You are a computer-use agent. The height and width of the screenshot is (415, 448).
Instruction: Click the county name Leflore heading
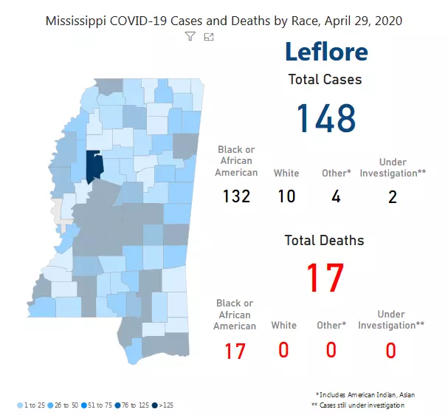click(x=325, y=52)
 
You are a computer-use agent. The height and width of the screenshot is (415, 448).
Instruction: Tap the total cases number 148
click(x=325, y=118)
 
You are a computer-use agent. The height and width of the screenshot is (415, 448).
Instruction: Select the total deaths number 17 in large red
click(x=325, y=277)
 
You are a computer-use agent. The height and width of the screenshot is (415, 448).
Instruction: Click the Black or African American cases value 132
click(x=236, y=196)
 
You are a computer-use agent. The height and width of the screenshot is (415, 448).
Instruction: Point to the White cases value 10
click(x=286, y=196)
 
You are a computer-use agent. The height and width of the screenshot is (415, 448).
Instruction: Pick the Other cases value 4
click(x=335, y=196)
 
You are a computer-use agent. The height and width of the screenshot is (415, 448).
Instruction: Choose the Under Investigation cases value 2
click(x=392, y=196)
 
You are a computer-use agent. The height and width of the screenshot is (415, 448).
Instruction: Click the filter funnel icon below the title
click(x=190, y=36)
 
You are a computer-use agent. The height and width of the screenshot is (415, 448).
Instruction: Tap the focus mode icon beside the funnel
click(x=209, y=36)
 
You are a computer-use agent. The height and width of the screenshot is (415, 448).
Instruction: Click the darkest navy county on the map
click(x=94, y=167)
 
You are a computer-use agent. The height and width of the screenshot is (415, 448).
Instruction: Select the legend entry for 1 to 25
click(x=32, y=405)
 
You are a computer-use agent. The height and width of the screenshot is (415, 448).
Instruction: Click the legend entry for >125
click(x=165, y=405)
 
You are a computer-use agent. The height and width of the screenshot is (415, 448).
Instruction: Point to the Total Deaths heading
click(x=325, y=240)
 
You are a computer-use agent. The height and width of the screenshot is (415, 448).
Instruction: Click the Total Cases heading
click(x=325, y=79)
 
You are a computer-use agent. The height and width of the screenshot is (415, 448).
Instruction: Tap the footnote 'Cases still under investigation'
click(x=358, y=405)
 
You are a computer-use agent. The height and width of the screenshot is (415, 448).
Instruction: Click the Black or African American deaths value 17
click(x=235, y=351)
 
